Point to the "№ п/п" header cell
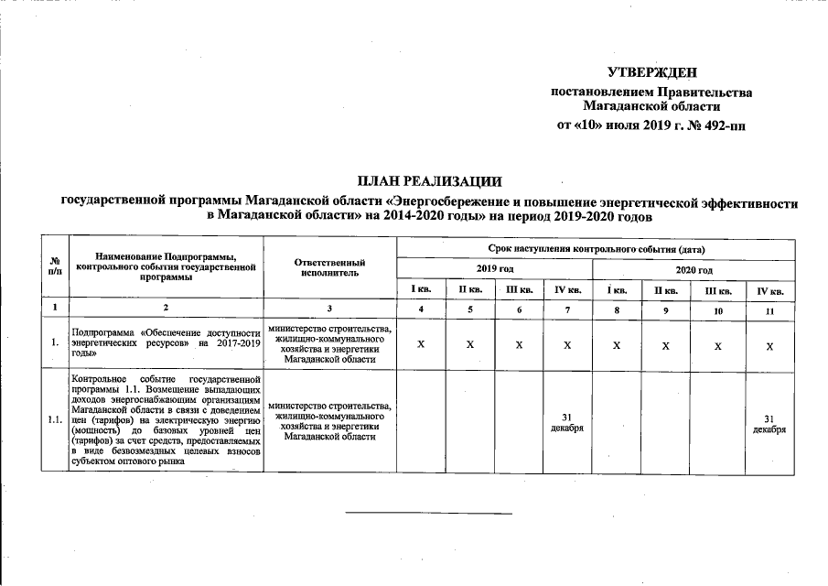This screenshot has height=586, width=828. coord(55,266)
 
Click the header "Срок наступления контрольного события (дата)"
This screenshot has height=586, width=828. coord(596,249)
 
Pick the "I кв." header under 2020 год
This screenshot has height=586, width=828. coord(618,291)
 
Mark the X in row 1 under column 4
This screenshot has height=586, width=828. coord(420,345)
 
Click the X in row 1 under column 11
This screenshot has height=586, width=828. coord(769,345)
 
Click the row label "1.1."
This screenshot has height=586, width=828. coord(55,420)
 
